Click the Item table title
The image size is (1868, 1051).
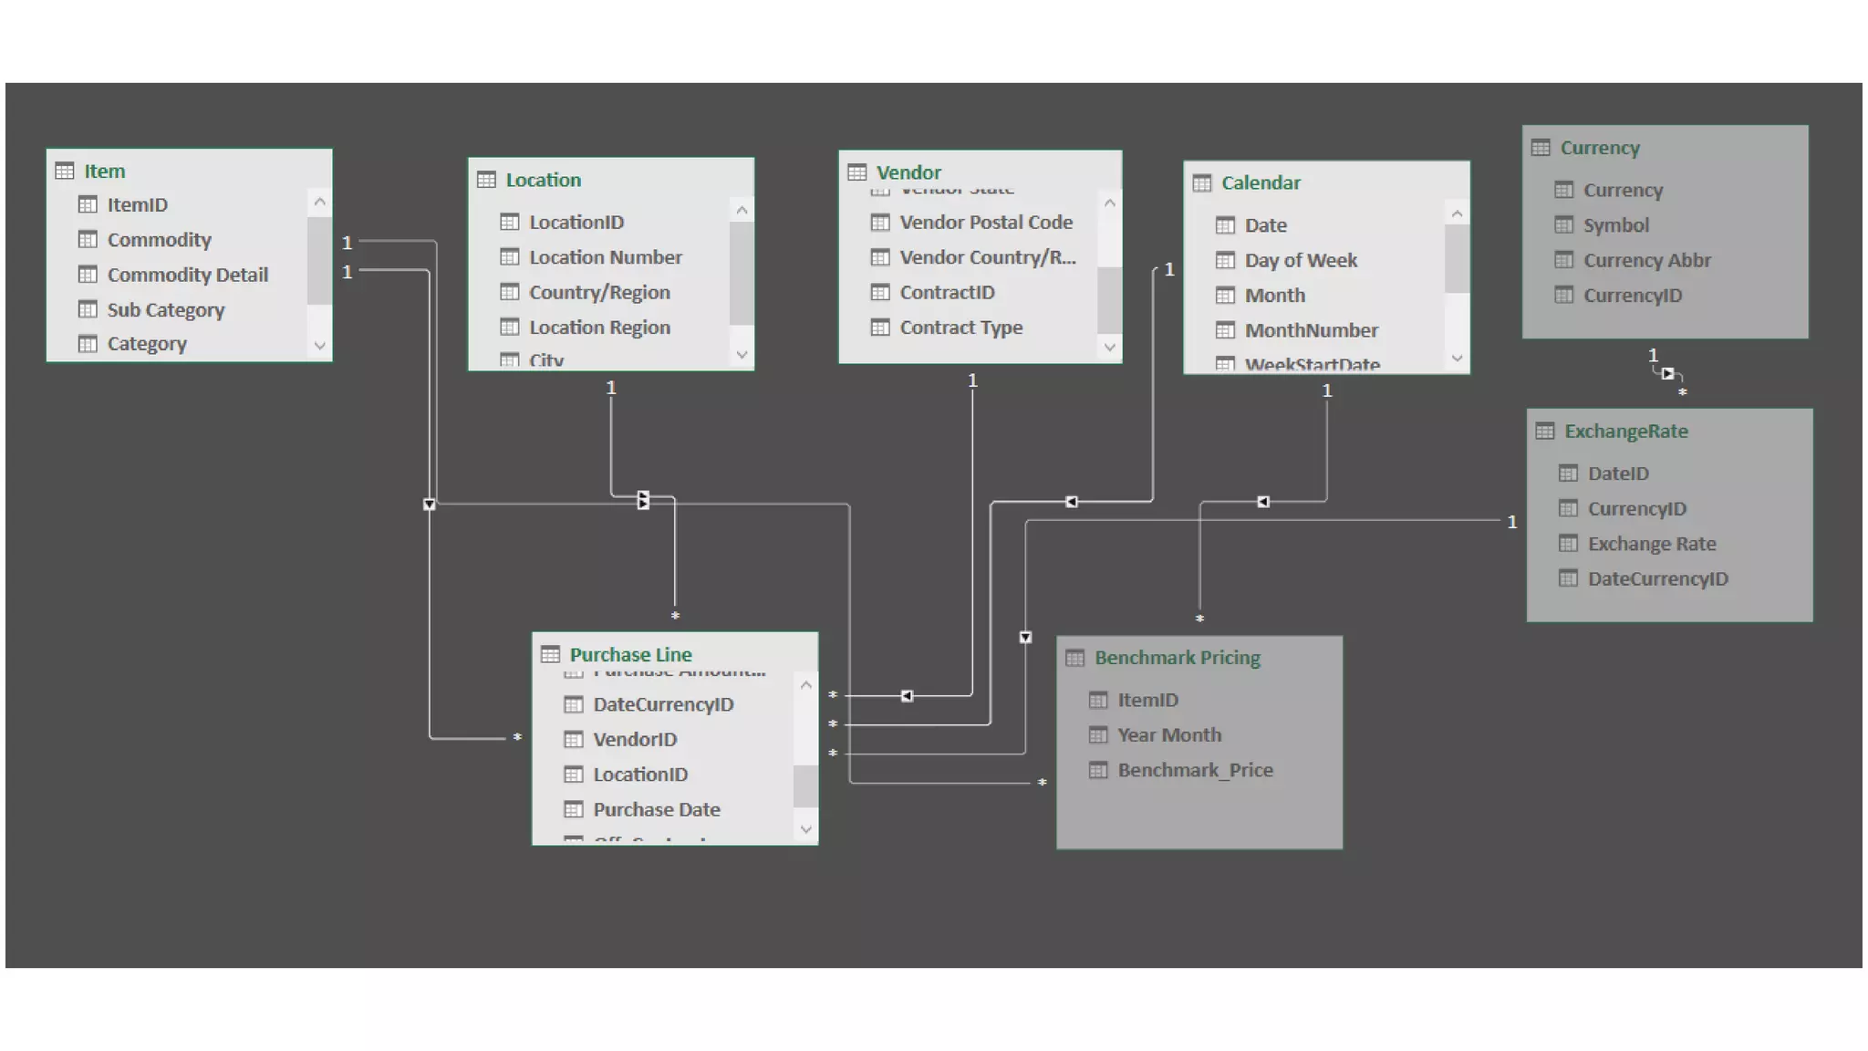(104, 171)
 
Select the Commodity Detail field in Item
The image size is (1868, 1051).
(187, 275)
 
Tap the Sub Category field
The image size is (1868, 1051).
(165, 309)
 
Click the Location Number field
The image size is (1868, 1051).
(605, 257)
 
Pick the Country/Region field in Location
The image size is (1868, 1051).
(599, 292)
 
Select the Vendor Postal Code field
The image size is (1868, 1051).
(985, 222)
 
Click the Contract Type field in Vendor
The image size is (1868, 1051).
(960, 327)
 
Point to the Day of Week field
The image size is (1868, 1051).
(1300, 260)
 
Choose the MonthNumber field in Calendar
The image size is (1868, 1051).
(1311, 330)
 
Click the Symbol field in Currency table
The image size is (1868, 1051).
(1615, 225)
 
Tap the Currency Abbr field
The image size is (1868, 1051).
(1646, 260)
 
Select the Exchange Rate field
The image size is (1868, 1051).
(1651, 544)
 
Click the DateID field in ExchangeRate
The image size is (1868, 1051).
(1618, 473)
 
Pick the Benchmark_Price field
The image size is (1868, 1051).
(1195, 770)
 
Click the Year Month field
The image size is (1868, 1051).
(1168, 735)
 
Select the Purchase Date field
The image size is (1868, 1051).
(656, 809)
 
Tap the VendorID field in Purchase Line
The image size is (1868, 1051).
(634, 739)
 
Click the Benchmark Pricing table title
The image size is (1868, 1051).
(1177, 658)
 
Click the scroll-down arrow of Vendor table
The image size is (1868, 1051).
(1109, 347)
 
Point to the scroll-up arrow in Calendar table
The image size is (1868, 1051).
(1457, 214)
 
